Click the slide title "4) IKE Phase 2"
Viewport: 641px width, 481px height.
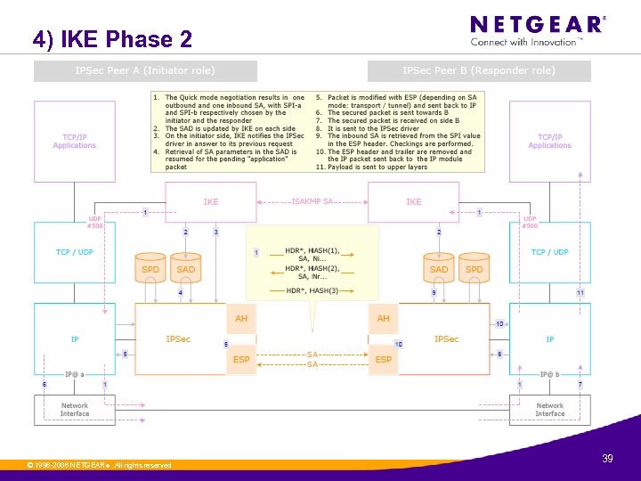[x=112, y=39]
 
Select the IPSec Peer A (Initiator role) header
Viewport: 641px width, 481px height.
[x=145, y=70]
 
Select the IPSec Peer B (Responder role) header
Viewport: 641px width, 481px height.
[x=479, y=70]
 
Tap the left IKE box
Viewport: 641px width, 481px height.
[x=211, y=202]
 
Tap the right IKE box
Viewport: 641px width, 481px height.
[x=414, y=202]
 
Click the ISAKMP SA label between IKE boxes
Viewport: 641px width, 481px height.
[x=312, y=201]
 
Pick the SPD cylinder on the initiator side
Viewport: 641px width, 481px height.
[x=150, y=269]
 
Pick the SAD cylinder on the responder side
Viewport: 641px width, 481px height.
[x=439, y=269]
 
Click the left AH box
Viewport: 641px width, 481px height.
[x=241, y=318]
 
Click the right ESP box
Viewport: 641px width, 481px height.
[x=384, y=360]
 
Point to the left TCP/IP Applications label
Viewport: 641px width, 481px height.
[x=75, y=142]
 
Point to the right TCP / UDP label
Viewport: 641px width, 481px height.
[x=549, y=252]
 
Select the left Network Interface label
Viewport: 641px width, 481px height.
[x=75, y=410]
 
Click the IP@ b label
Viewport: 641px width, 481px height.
[x=550, y=375]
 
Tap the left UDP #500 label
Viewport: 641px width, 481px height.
[x=94, y=222]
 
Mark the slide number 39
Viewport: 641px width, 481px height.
[x=607, y=458]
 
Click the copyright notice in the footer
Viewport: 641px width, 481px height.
[x=99, y=465]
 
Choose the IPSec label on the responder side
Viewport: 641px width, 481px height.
[x=446, y=339]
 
